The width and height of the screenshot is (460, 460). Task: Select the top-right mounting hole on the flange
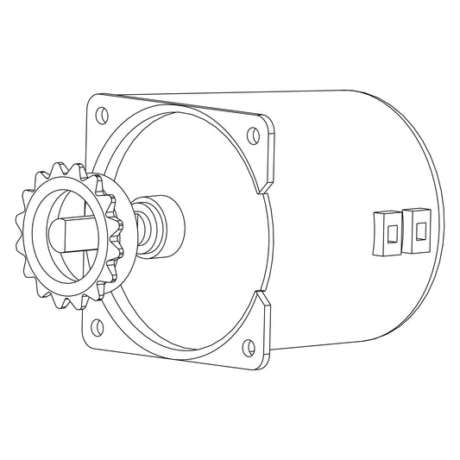253,135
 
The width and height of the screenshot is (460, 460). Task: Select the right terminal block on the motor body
419,230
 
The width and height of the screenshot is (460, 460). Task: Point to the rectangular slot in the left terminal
390,232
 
